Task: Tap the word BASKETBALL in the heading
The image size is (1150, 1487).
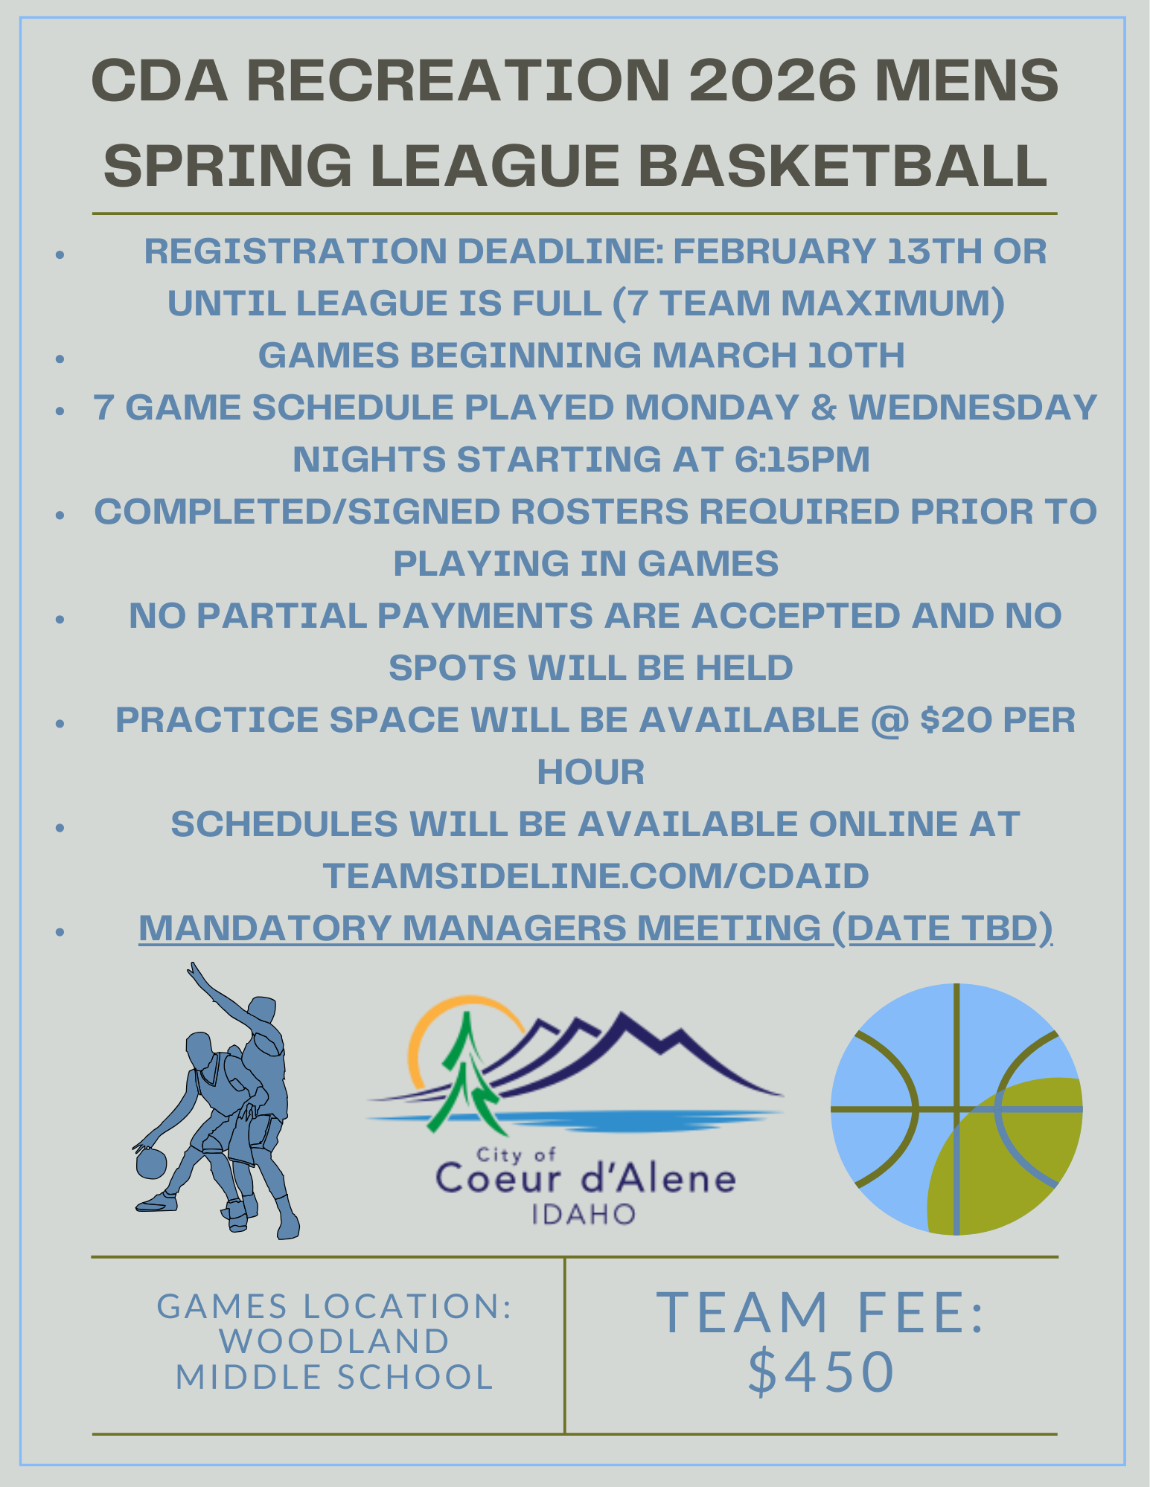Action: [x=843, y=164]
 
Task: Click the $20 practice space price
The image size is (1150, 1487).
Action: [x=955, y=719]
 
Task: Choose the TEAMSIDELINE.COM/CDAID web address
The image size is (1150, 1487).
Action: [x=595, y=876]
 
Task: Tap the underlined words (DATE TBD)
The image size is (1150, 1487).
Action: [x=942, y=928]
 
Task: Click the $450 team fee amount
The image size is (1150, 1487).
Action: [x=821, y=1370]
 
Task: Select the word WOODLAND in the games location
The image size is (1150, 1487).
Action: [x=334, y=1341]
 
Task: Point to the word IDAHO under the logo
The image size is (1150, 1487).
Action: [x=584, y=1215]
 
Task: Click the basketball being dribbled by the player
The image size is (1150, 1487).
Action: [x=151, y=1163]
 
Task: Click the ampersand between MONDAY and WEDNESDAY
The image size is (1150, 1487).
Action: [x=822, y=407]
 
